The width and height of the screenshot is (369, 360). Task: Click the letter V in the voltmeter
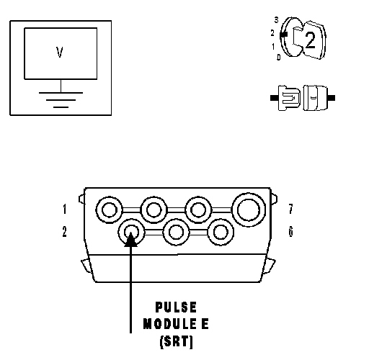pyautogui.click(x=60, y=52)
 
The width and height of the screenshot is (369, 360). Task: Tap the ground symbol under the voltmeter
pyautogui.click(x=61, y=99)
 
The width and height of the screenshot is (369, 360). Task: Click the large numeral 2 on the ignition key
pyautogui.click(x=310, y=40)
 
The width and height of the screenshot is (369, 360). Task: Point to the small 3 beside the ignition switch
pyautogui.click(x=277, y=20)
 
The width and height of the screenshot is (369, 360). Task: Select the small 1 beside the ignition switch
pyautogui.click(x=273, y=47)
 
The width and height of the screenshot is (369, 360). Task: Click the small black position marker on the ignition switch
pyautogui.click(x=283, y=35)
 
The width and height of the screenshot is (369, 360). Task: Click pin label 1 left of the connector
pyautogui.click(x=64, y=209)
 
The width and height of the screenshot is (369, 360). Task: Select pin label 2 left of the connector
pyautogui.click(x=64, y=232)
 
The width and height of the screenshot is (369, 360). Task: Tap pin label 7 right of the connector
pyautogui.click(x=291, y=209)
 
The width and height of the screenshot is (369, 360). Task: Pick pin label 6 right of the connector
pyautogui.click(x=291, y=232)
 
